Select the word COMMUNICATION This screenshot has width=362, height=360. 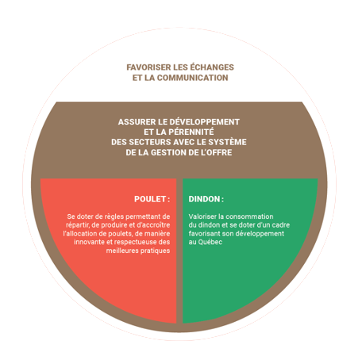[x=193, y=78]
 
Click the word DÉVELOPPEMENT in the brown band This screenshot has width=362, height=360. [x=205, y=122]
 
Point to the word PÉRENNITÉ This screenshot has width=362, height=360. [x=191, y=132]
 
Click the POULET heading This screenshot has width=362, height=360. [x=152, y=199]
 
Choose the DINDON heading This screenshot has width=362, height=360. [x=206, y=199]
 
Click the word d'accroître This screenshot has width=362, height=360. [x=153, y=225]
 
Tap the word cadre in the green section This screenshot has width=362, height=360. [x=281, y=225]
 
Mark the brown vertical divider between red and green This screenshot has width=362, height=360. [x=179, y=251]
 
